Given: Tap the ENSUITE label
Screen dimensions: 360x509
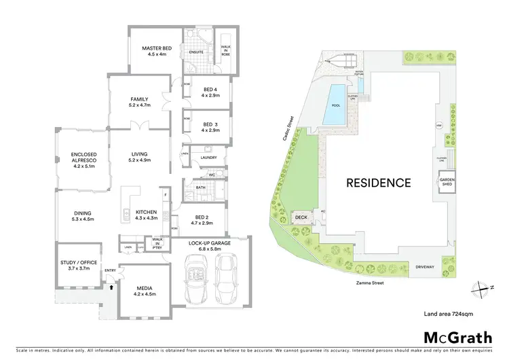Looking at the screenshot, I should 197,52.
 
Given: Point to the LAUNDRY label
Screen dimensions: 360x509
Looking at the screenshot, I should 208,158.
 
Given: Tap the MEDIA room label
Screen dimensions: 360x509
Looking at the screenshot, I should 144,290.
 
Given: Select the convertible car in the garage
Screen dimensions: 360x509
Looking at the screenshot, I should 195,278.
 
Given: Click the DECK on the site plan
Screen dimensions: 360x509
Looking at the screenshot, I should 300,218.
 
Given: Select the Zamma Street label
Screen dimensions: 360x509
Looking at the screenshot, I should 369,278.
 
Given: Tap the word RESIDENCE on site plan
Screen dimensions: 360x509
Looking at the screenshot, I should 379,182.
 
